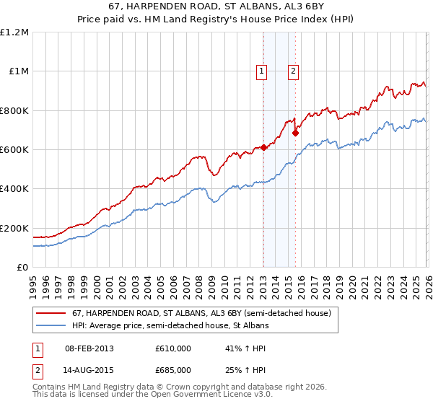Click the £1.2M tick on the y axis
pos(14,32)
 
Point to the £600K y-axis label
pos(14,150)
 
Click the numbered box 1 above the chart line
pos(261,71)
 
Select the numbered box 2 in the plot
pos(294,71)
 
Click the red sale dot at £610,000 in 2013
pos(263,147)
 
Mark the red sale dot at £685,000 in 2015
pos(296,133)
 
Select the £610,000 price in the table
pos(173,348)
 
